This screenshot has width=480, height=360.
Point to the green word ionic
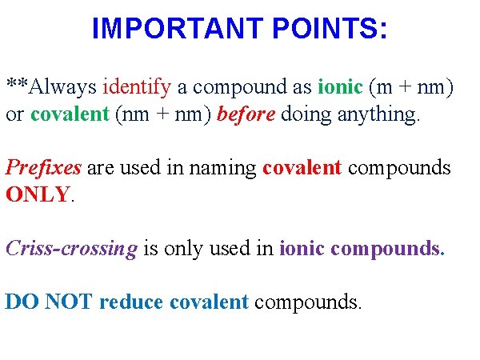tap(340, 86)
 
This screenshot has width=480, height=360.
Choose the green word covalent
tap(70, 114)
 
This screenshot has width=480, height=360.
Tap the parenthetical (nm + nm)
tap(164, 114)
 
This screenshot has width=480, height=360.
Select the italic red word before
tap(246, 114)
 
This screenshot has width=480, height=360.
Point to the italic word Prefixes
tap(43, 168)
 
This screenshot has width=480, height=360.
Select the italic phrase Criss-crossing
tap(71, 249)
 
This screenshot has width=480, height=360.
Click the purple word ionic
tap(302, 249)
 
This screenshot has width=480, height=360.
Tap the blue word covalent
tap(209, 302)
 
